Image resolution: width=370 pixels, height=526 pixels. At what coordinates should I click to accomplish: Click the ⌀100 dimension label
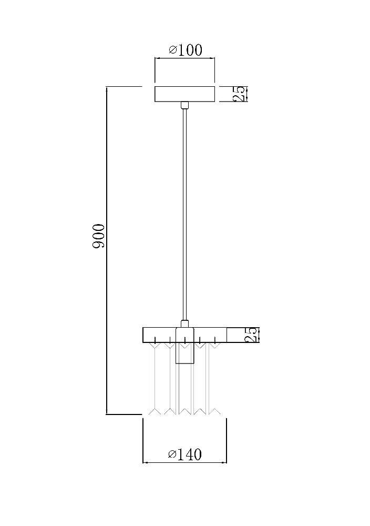[186, 50]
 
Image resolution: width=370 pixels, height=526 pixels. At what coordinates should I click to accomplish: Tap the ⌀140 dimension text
[185, 454]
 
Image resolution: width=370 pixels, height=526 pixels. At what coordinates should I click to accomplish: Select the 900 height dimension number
[99, 237]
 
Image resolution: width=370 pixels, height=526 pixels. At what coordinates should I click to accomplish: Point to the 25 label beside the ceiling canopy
[240, 94]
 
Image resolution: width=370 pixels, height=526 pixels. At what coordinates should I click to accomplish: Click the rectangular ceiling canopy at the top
[184, 94]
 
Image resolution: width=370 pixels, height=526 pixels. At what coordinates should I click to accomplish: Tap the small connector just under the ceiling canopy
[184, 105]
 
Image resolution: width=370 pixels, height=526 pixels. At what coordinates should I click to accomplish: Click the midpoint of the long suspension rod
[184, 215]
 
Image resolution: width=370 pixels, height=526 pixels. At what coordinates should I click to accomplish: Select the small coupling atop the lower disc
[184, 324]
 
